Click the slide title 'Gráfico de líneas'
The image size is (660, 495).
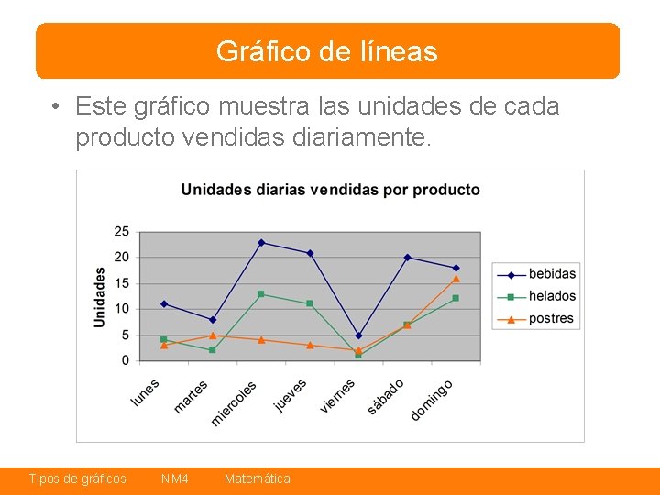(x=327, y=51)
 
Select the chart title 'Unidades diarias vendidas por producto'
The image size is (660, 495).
(x=330, y=190)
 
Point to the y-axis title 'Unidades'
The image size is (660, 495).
(x=100, y=297)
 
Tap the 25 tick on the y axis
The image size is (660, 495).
(x=122, y=231)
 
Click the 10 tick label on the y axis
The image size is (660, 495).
(x=122, y=309)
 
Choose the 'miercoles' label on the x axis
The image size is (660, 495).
(x=234, y=403)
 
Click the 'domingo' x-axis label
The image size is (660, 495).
(x=432, y=400)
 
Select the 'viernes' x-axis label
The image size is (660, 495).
(x=337, y=395)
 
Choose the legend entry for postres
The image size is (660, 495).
(x=551, y=319)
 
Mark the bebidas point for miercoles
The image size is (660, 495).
(x=261, y=243)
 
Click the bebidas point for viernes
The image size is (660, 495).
(x=358, y=335)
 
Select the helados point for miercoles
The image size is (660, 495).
(x=261, y=294)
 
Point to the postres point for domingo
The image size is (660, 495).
(x=456, y=279)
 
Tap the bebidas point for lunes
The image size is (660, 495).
(x=164, y=304)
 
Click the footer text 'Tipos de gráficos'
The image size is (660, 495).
(x=78, y=478)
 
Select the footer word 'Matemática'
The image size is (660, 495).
(x=258, y=478)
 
